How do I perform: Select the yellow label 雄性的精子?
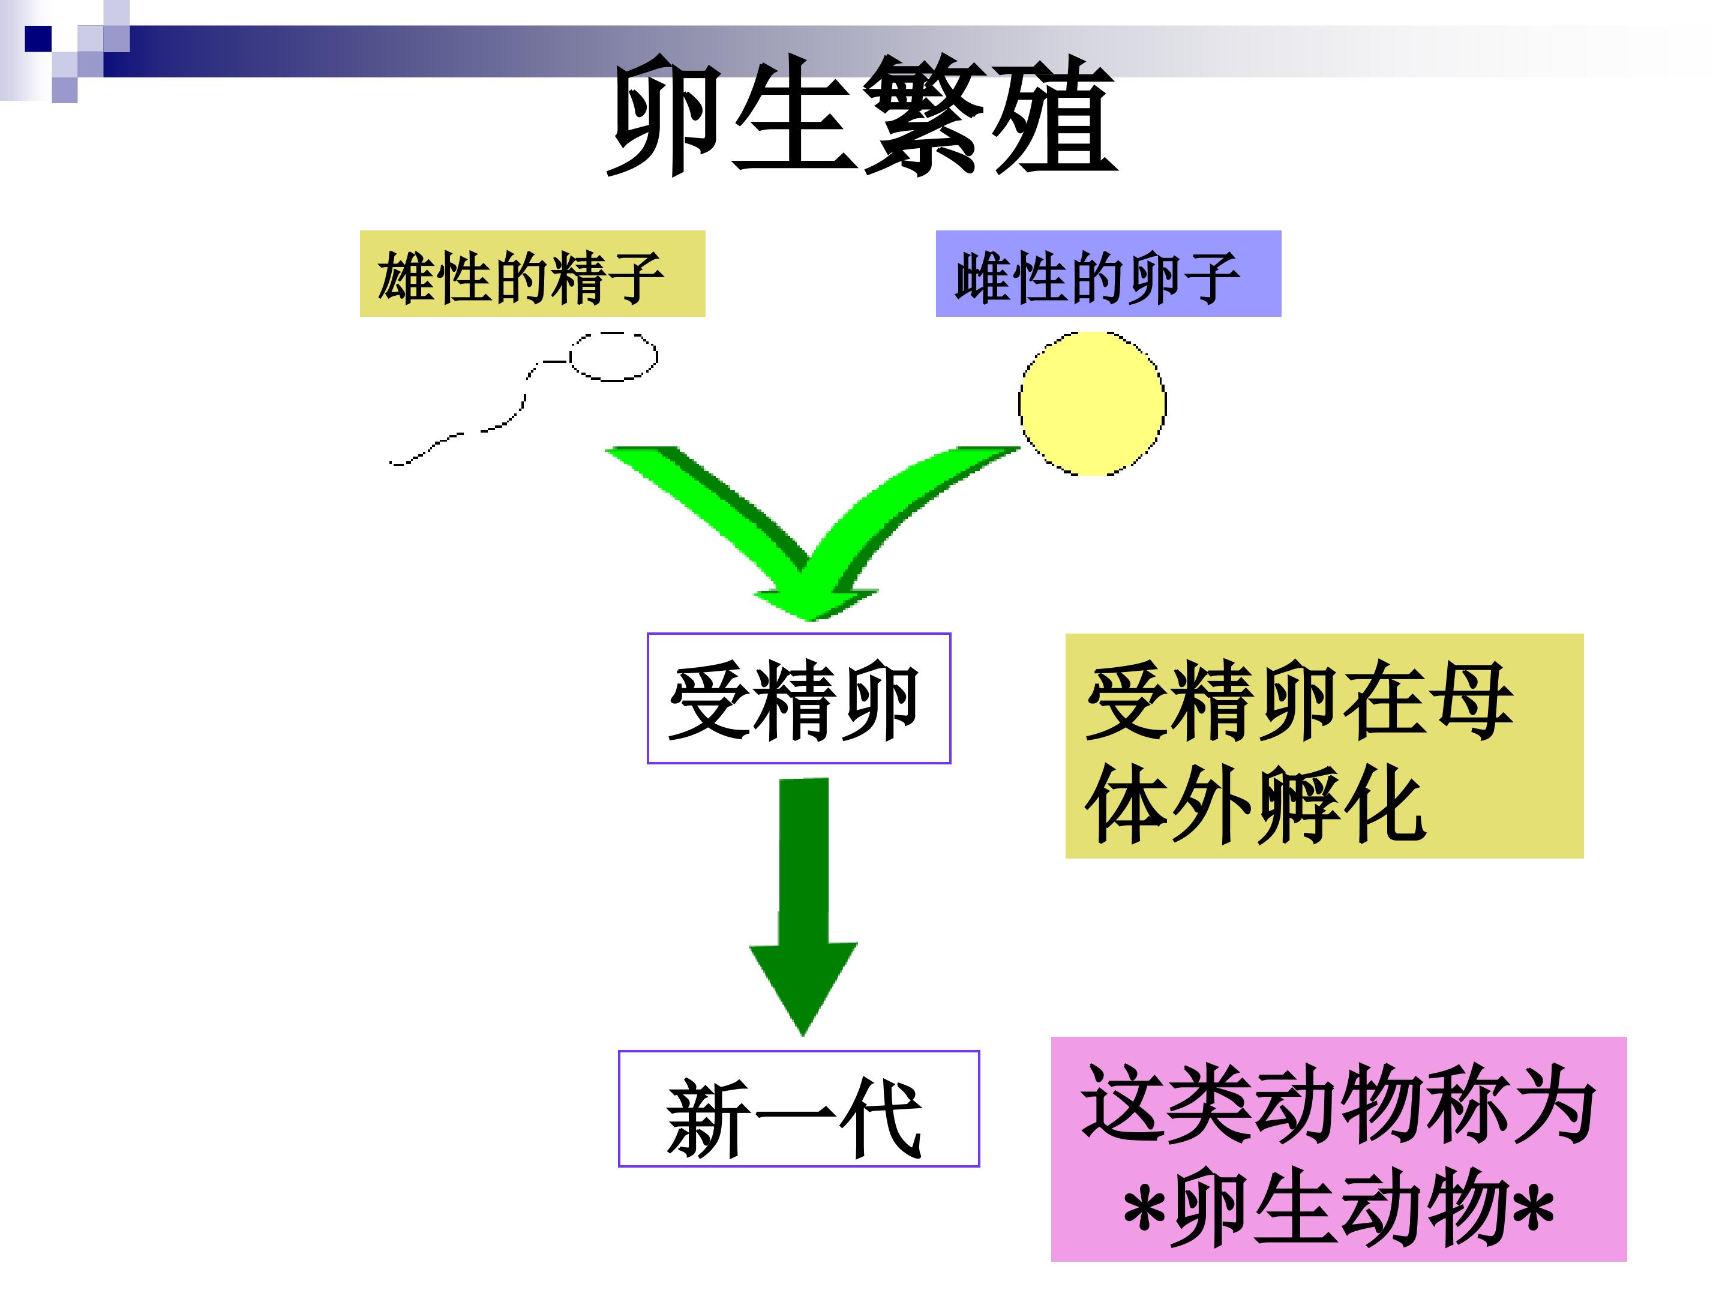[x=532, y=274]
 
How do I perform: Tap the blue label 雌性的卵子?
[x=1109, y=274]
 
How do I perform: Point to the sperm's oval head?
[x=613, y=356]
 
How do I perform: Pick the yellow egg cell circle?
[x=1092, y=403]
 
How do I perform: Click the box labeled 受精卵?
[x=799, y=698]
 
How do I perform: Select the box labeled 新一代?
[x=799, y=1109]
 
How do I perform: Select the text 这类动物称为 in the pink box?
[x=1338, y=1105]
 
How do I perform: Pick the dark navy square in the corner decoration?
[x=38, y=39]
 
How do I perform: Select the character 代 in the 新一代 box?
[x=883, y=1117]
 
